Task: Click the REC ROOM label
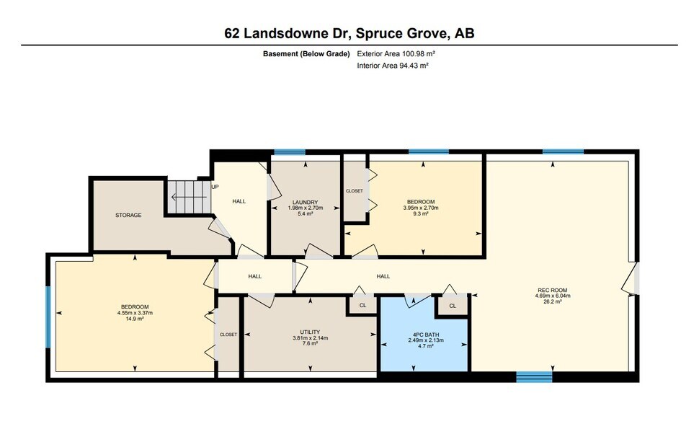click(x=551, y=291)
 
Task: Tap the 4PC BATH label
click(x=426, y=334)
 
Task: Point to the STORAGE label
click(x=128, y=215)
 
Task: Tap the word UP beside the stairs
click(x=215, y=187)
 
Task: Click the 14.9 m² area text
click(x=135, y=319)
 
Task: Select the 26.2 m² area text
click(x=551, y=302)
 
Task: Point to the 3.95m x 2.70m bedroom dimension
click(x=421, y=208)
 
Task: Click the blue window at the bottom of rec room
click(x=534, y=376)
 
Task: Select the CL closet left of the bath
click(x=362, y=306)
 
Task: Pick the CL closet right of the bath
click(x=453, y=306)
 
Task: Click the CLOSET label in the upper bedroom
click(x=355, y=191)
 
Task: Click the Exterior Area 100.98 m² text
click(x=396, y=54)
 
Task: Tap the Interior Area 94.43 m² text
click(x=393, y=66)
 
